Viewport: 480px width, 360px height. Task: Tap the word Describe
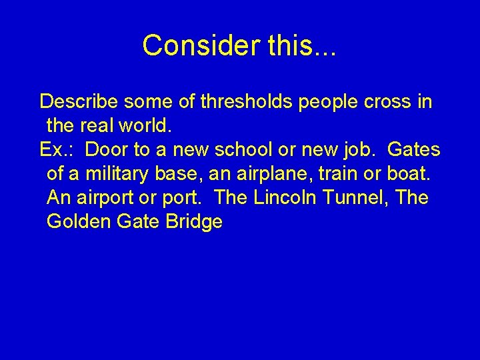[x=79, y=102]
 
